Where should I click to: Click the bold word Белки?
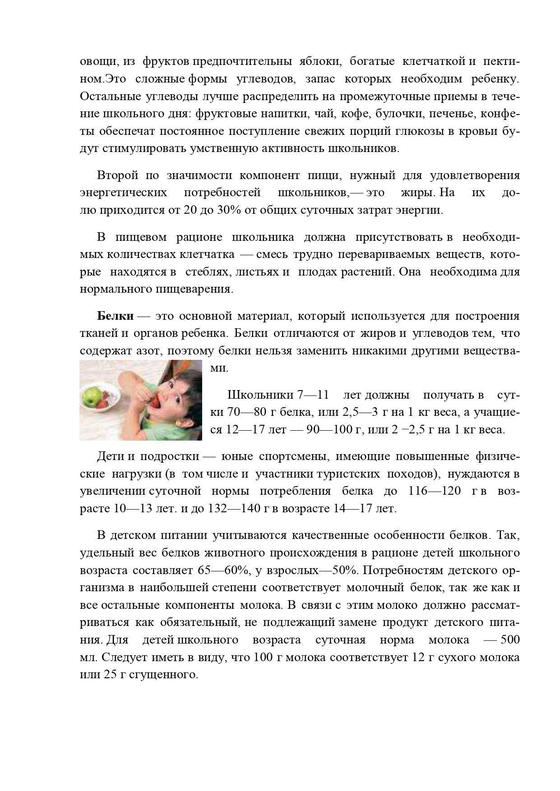[x=115, y=316]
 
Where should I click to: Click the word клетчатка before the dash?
[x=207, y=254]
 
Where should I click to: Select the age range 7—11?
[x=313, y=395]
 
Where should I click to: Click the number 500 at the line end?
[x=510, y=640]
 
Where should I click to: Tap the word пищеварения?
[x=194, y=289]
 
